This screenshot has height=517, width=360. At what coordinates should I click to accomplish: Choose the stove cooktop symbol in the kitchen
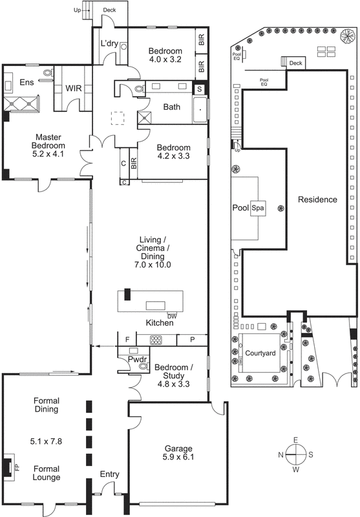[x=157, y=339]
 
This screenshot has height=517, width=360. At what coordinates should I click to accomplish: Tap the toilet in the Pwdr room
[x=142, y=366]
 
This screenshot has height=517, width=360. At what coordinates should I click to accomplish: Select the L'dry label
[x=107, y=44]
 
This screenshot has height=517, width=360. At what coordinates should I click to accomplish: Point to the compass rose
[x=295, y=454]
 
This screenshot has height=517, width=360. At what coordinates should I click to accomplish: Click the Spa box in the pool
[x=259, y=209]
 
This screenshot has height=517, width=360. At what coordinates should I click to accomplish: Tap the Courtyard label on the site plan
[x=260, y=353]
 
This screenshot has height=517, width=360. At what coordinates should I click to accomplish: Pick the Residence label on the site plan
[x=317, y=200]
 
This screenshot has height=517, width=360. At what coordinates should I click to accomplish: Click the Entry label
[x=109, y=474]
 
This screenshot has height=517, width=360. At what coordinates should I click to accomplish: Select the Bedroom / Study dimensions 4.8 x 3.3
[x=171, y=383]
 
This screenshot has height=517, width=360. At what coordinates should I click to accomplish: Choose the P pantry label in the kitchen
[x=193, y=339]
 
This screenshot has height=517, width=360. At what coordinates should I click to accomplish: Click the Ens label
[x=26, y=82]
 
